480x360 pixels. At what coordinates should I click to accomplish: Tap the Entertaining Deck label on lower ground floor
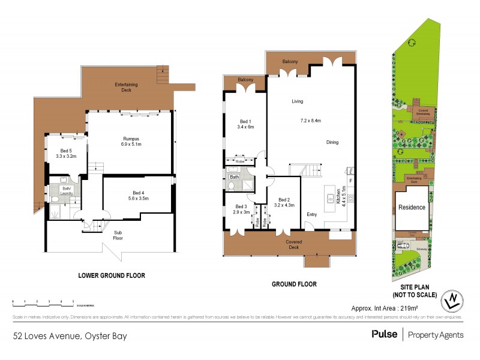(x=127, y=87)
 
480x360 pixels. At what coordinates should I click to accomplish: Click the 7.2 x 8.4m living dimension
(x=311, y=121)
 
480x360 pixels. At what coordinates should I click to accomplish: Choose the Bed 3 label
(x=242, y=209)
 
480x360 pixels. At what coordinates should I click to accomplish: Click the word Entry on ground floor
(x=312, y=214)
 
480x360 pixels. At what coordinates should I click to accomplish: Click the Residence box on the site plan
(x=412, y=208)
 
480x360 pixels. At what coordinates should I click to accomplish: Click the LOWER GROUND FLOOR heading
(x=112, y=275)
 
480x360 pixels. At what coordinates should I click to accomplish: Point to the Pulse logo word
(x=384, y=334)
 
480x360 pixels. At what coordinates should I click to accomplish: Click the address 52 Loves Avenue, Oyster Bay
(x=70, y=335)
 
